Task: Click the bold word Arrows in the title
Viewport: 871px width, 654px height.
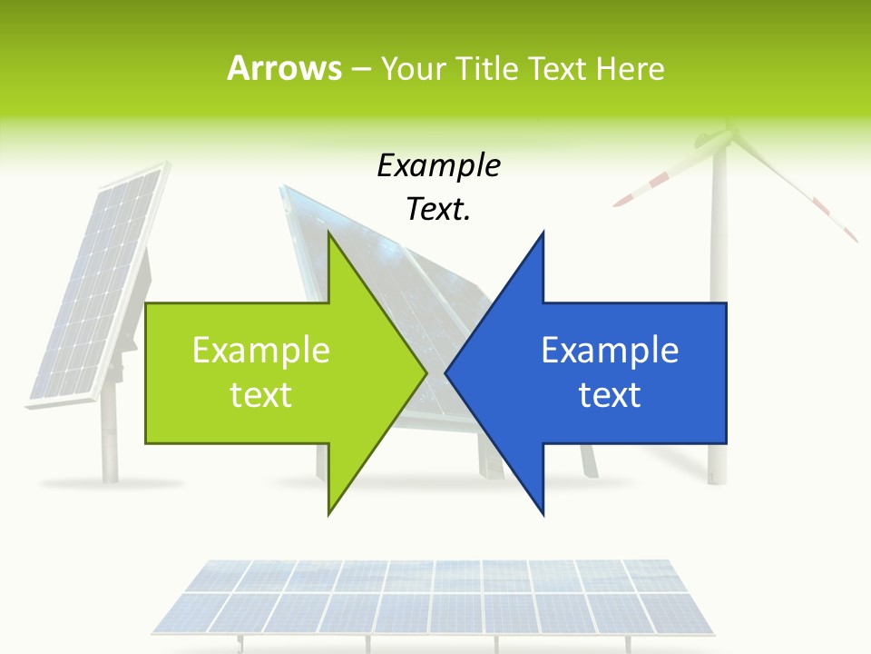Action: tap(284, 68)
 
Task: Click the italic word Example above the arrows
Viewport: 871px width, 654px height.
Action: tap(438, 166)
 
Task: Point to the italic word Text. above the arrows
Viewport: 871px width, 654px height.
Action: tap(438, 209)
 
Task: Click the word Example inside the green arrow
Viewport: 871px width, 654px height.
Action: tap(261, 350)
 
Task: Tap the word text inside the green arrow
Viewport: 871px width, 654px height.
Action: tap(261, 394)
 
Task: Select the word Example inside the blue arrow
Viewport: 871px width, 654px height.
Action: tap(610, 350)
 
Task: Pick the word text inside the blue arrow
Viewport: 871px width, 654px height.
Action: tap(610, 394)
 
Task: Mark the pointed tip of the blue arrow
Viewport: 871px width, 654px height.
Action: tap(447, 372)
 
